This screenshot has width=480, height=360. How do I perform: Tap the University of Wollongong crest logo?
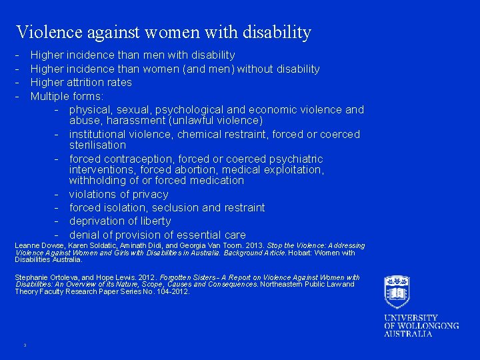pos(397,292)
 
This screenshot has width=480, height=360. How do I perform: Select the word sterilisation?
pos(97,145)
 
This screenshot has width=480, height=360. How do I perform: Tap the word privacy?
pos(149,194)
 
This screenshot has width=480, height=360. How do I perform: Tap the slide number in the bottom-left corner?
pos(24,345)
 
